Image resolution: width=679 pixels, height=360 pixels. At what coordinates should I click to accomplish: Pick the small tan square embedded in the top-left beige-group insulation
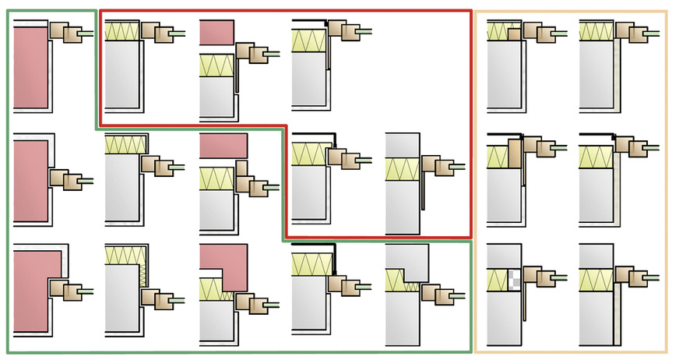click(x=514, y=34)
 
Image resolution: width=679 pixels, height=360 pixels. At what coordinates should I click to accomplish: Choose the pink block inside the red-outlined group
click(x=216, y=32)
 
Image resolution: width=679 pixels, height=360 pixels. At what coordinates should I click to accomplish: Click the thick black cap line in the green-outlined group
click(x=315, y=245)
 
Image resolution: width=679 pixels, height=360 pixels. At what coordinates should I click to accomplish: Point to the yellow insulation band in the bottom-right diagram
click(x=596, y=279)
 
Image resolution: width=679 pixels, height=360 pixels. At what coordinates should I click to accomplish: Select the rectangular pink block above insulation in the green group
click(x=223, y=145)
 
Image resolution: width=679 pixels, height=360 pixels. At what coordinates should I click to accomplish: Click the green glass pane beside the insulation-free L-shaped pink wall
click(x=86, y=291)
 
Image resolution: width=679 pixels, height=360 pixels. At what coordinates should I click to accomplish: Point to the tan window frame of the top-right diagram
click(x=635, y=32)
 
